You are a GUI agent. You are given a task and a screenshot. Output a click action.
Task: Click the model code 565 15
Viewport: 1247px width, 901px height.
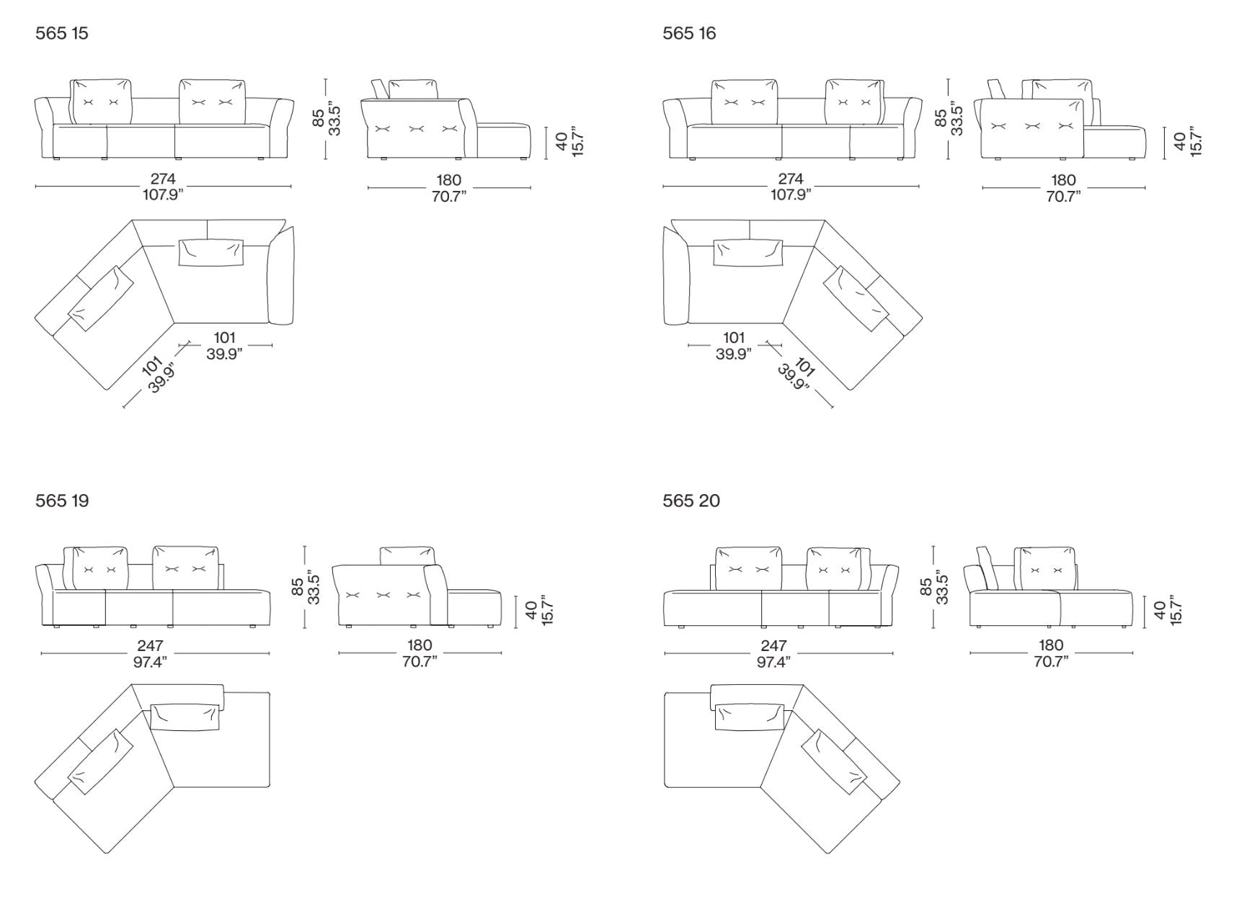click(x=62, y=33)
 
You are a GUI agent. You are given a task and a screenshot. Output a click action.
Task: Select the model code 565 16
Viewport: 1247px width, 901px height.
click(x=689, y=33)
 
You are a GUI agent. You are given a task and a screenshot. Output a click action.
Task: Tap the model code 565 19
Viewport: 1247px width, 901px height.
click(x=62, y=500)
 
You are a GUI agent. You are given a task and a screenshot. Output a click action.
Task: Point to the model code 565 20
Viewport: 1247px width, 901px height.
click(x=691, y=500)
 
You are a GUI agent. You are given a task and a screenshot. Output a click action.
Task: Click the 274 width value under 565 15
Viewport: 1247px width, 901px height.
click(x=163, y=179)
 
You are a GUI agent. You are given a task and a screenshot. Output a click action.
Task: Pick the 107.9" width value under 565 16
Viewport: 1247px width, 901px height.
click(x=791, y=194)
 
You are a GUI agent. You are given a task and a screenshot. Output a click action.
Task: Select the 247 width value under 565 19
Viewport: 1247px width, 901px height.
click(x=150, y=646)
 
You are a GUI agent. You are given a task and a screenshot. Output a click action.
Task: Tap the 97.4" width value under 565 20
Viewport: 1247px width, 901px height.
click(x=773, y=662)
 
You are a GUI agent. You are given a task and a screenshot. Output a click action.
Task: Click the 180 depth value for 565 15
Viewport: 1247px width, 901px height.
click(x=449, y=180)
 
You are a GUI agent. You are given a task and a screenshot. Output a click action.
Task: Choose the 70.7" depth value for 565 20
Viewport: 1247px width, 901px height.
click(x=1051, y=662)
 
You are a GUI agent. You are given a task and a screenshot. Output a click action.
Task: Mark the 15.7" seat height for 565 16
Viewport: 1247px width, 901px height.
click(x=1195, y=142)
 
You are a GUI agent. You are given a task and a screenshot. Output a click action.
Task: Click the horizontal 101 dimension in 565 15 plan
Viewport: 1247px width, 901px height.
click(x=225, y=337)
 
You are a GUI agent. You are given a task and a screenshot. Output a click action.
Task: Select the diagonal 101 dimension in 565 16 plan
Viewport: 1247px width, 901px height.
click(x=805, y=367)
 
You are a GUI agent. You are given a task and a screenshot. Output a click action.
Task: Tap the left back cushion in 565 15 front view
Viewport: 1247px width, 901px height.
click(x=101, y=102)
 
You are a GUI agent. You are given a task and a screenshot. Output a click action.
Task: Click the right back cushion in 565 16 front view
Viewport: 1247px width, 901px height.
click(x=855, y=102)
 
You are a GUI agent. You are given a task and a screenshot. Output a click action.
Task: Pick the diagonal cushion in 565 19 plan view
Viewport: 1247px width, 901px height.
click(x=102, y=762)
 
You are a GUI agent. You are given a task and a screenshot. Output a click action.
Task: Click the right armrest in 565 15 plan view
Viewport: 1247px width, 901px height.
click(x=281, y=275)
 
